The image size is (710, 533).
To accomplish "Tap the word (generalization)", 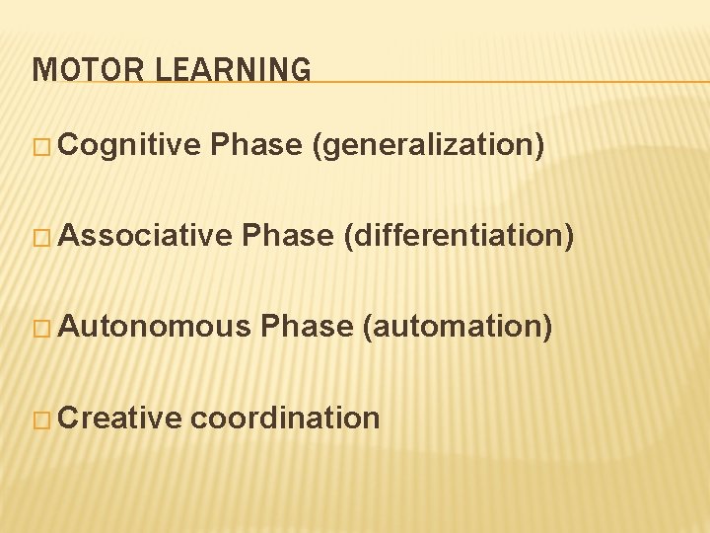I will (427, 146).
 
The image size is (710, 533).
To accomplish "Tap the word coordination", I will (285, 419).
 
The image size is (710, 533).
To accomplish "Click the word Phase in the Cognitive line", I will (256, 146).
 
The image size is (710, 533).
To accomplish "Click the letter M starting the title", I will (41, 70).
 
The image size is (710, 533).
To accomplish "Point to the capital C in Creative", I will (69, 419).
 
